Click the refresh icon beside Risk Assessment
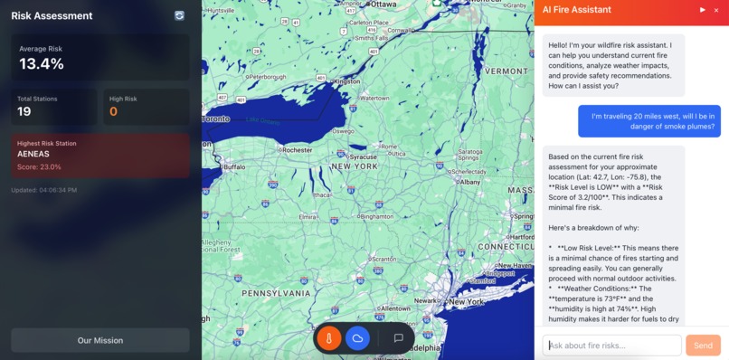click(179, 15)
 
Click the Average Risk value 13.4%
click(42, 63)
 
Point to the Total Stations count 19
click(24, 111)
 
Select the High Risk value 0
click(113, 111)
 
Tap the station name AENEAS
click(33, 154)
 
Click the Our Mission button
click(100, 340)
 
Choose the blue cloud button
click(358, 338)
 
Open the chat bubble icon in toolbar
click(398, 338)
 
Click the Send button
click(703, 346)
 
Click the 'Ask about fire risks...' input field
click(611, 346)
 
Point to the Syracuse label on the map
click(364, 156)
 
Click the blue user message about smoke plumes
click(649, 120)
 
